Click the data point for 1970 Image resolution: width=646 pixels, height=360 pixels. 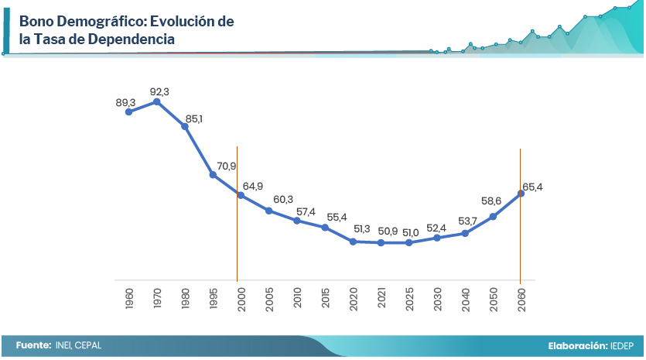(157, 101)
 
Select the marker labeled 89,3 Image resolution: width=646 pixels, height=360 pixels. (129, 112)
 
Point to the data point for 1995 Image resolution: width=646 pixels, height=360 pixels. (213, 175)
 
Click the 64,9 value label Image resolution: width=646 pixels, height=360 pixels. (252, 186)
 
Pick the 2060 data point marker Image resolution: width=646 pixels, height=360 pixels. (521, 194)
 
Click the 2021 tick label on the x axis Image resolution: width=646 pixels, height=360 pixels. (381, 298)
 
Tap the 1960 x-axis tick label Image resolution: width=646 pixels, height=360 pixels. (129, 298)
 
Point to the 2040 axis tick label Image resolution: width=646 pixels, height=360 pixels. (465, 298)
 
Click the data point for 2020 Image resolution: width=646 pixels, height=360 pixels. (353, 242)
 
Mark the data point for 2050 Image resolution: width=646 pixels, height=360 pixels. (493, 216)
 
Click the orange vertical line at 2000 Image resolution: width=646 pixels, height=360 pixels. (237, 232)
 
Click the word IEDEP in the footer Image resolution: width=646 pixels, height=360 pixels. (623, 345)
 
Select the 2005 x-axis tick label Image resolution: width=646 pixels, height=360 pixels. (269, 298)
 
